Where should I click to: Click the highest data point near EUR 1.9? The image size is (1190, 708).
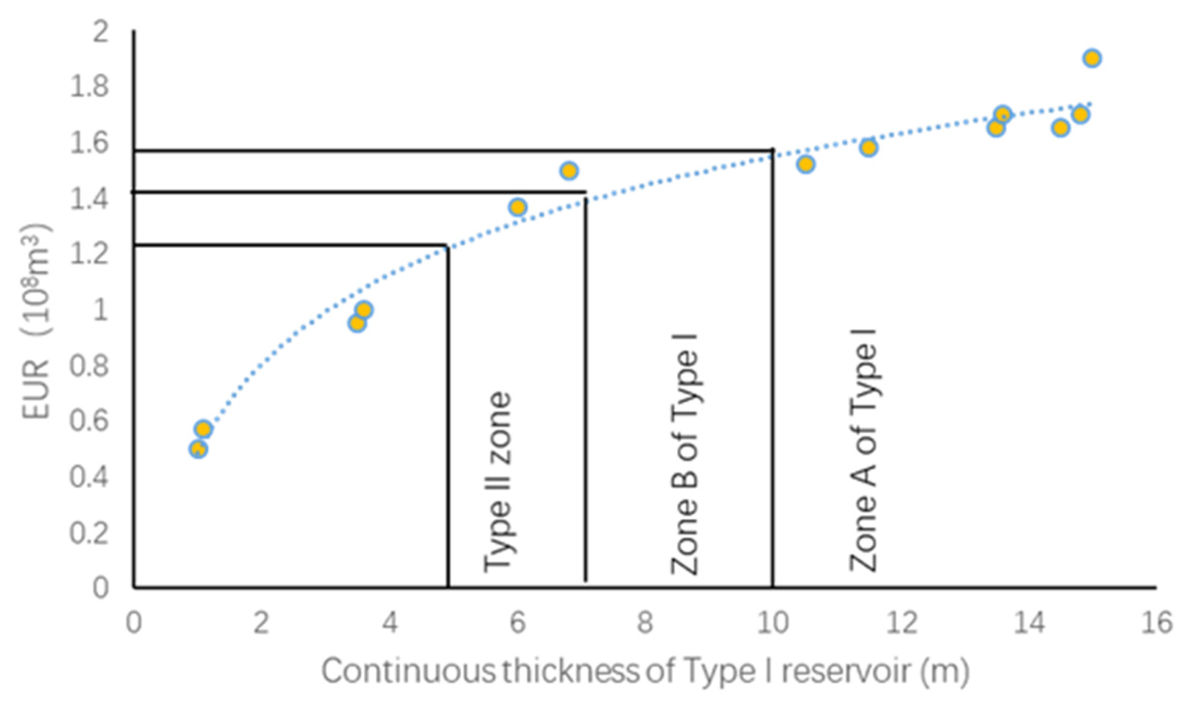(1092, 58)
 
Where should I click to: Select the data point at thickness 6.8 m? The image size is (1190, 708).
(569, 170)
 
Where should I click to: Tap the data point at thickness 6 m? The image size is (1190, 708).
(518, 207)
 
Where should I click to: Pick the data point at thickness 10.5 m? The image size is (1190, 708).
(806, 165)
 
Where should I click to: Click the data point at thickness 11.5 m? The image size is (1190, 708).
(868, 148)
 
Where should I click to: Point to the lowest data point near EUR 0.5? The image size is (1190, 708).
(198, 449)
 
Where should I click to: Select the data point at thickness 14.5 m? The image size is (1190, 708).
(1060, 128)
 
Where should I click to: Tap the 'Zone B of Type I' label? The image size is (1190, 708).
(684, 454)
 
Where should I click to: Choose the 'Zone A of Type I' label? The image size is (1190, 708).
(863, 450)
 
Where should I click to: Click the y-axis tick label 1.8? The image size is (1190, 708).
(89, 86)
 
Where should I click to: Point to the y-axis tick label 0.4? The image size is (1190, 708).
(89, 477)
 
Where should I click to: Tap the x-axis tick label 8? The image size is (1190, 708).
(645, 622)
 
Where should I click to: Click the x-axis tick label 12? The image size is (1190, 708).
(901, 622)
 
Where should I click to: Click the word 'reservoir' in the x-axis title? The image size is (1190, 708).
(846, 671)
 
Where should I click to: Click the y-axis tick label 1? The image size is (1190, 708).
(100, 310)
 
